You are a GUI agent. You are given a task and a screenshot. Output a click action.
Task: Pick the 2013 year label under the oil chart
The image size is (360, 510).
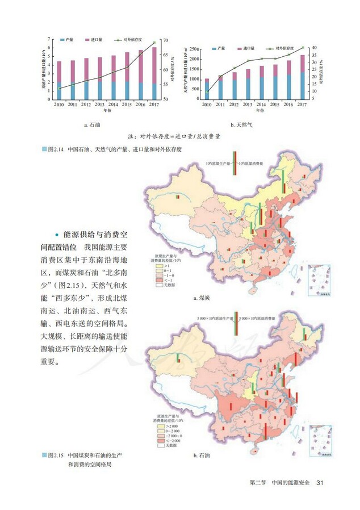tap(99, 104)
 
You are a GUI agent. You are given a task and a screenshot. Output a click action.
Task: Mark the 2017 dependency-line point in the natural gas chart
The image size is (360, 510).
tap(303, 48)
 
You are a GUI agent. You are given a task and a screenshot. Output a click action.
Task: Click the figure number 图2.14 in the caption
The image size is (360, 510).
tap(58, 149)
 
